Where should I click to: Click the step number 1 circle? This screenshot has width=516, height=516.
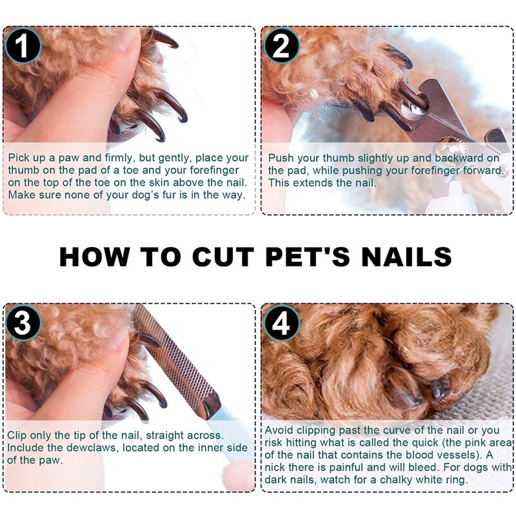coord(23,46)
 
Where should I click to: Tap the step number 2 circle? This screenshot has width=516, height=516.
coord(281,46)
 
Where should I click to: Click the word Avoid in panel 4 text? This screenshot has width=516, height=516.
coord(280,431)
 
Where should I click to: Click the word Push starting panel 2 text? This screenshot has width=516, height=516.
coord(281,158)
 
